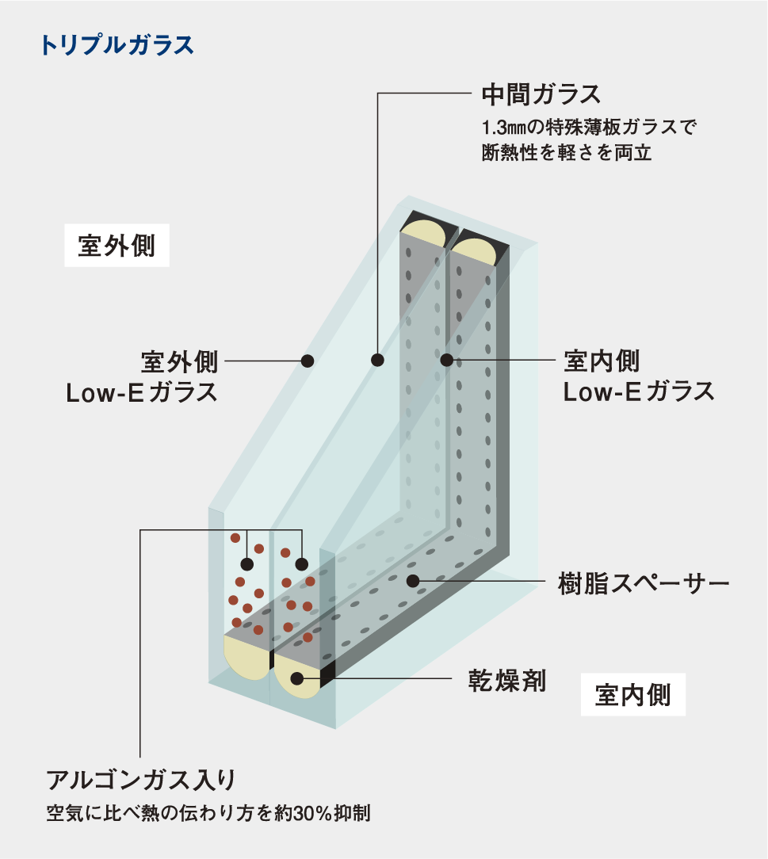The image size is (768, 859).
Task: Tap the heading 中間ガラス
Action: pos(542,95)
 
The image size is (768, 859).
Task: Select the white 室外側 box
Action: pos(117,246)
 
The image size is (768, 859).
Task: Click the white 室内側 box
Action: pos(632,695)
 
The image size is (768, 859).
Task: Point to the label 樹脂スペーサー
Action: pos(644,586)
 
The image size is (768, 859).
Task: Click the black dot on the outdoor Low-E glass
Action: pos(308,361)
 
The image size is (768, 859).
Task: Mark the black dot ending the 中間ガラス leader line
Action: pos(377,361)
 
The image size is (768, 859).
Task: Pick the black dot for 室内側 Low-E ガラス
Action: pos(446,361)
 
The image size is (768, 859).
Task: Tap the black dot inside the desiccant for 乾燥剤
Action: pos(297,678)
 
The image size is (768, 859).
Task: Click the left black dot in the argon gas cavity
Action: pos(247,565)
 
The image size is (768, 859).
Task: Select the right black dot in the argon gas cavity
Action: pos(301,565)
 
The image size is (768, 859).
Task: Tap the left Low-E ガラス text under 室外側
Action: pos(142,391)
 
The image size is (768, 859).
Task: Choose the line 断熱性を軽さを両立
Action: pos(566,152)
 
